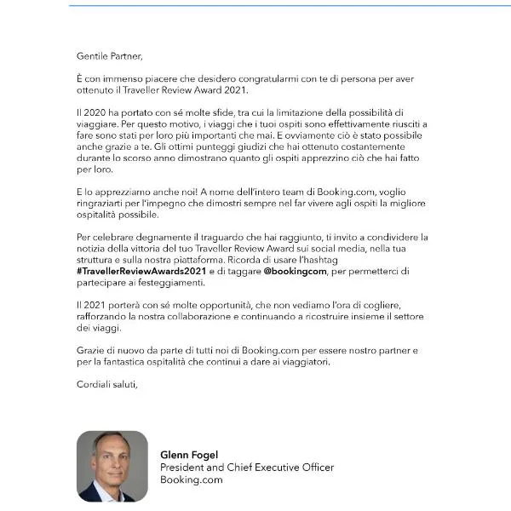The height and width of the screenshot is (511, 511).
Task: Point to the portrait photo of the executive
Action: [112, 466]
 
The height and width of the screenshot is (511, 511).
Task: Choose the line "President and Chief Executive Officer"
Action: [247, 468]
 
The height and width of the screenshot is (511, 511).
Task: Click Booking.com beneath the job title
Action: [192, 479]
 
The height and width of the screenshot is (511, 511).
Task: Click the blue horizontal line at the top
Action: [290, 5]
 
